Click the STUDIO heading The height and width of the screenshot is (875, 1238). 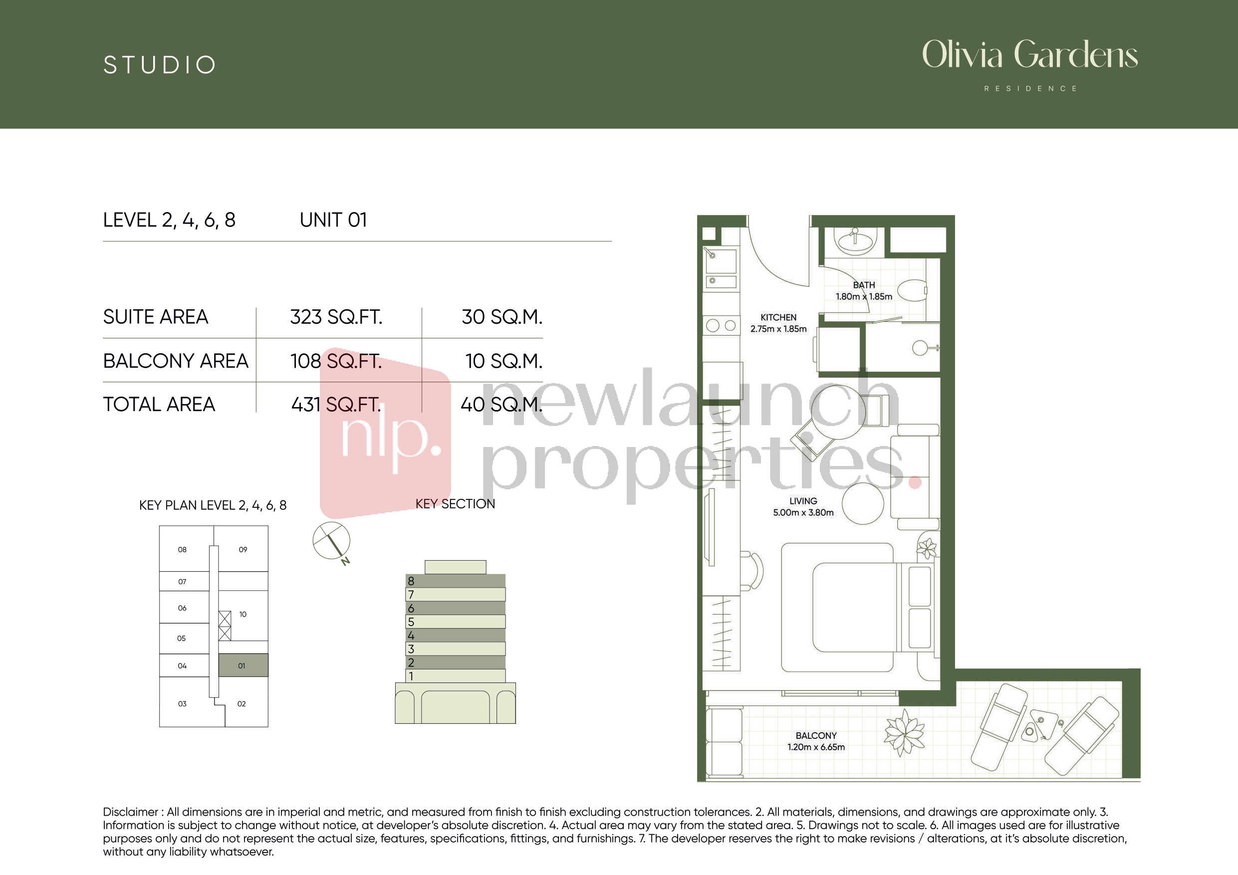pyautogui.click(x=160, y=65)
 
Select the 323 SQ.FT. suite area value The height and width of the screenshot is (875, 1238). pyautogui.click(x=336, y=317)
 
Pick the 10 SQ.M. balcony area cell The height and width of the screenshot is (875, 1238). pyautogui.click(x=503, y=361)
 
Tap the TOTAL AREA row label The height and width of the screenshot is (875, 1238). pyautogui.click(x=159, y=405)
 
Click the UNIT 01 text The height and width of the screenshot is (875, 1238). pyautogui.click(x=333, y=220)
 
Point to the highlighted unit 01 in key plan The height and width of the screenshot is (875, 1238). pyautogui.click(x=243, y=665)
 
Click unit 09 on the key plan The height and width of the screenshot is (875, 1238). pyautogui.click(x=243, y=549)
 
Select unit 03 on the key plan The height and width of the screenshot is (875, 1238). pyautogui.click(x=182, y=703)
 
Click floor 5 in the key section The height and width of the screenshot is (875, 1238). pyautogui.click(x=455, y=622)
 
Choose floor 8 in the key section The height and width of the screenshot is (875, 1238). pyautogui.click(x=455, y=581)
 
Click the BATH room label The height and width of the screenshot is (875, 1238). pyautogui.click(x=864, y=285)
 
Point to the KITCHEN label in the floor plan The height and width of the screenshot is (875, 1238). pyautogui.click(x=778, y=318)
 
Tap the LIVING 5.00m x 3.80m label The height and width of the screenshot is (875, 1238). pyautogui.click(x=803, y=507)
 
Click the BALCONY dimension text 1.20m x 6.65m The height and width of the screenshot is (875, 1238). pyautogui.click(x=816, y=747)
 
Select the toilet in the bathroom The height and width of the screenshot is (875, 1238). pyautogui.click(x=912, y=291)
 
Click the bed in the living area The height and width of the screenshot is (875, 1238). pyautogui.click(x=857, y=608)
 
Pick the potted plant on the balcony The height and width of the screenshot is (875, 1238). pyautogui.click(x=904, y=732)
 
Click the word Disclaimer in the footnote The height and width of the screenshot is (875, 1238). pyautogui.click(x=130, y=812)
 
